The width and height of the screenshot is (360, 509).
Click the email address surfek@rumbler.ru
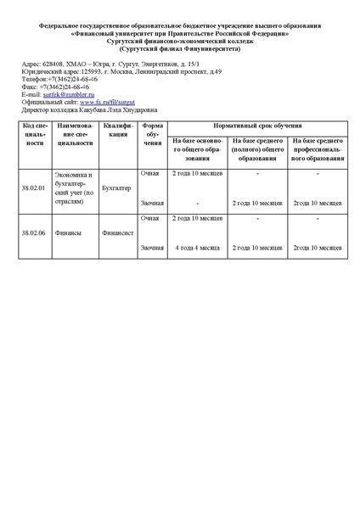pos(69,95)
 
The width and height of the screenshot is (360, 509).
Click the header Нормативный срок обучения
pos(256,125)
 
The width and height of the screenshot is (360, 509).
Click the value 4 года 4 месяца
pos(197,248)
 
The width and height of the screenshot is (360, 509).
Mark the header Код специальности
pos(35,134)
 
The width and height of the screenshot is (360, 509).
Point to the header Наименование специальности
pos(76,134)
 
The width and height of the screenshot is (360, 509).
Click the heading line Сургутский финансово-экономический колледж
pos(179,41)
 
